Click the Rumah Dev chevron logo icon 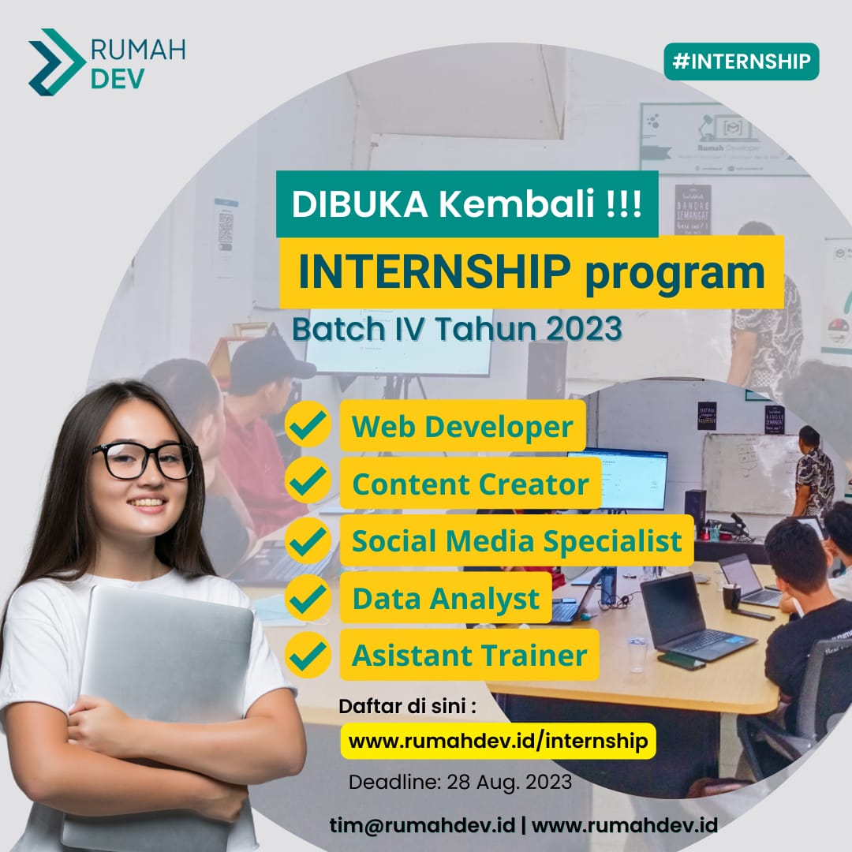(x=55, y=62)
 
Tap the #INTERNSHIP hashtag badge (x=741, y=62)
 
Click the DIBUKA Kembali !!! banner (x=466, y=204)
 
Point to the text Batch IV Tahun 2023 (x=457, y=329)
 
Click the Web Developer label (x=462, y=426)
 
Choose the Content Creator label (x=470, y=484)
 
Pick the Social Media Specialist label (x=517, y=541)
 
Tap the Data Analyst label (x=446, y=598)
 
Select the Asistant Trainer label (x=469, y=655)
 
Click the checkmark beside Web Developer (x=308, y=425)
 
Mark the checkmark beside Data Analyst (x=308, y=598)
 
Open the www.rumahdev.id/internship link (x=498, y=741)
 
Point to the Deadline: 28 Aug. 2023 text (x=460, y=783)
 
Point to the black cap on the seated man (x=270, y=357)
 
